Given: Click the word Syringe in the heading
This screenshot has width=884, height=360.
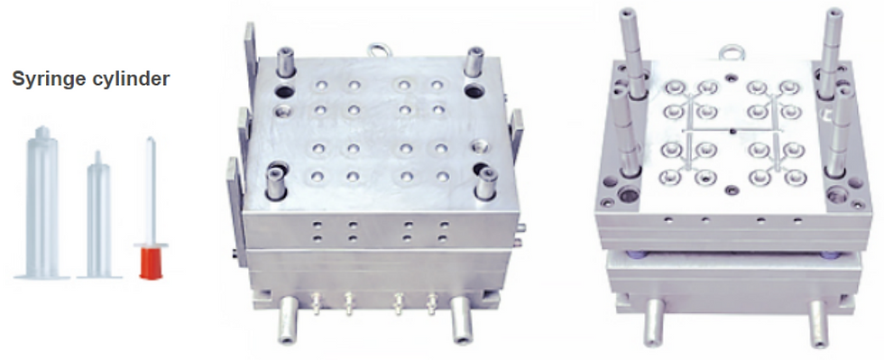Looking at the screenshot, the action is point(49,79).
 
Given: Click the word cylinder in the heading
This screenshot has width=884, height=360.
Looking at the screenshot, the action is point(130,78).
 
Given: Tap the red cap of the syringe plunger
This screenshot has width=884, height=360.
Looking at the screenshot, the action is point(151,263).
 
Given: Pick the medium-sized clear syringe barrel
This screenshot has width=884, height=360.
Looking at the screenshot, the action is point(98,217).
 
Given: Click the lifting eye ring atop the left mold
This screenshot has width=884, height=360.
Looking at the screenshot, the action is point(378,51).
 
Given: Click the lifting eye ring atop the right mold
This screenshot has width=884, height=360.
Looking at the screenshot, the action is point(732,52).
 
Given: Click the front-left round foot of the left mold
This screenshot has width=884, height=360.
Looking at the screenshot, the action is point(288,319).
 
